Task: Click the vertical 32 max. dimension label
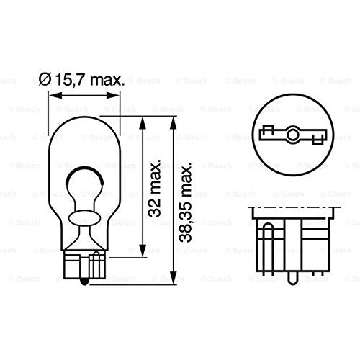(154, 189)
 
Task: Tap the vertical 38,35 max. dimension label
(186, 202)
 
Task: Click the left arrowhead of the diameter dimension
(55, 95)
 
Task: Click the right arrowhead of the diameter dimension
(112, 95)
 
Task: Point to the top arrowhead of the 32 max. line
(143, 124)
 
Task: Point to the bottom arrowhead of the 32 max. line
(143, 251)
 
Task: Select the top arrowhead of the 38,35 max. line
(174, 124)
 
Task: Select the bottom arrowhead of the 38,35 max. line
(174, 278)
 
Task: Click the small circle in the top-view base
(292, 135)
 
